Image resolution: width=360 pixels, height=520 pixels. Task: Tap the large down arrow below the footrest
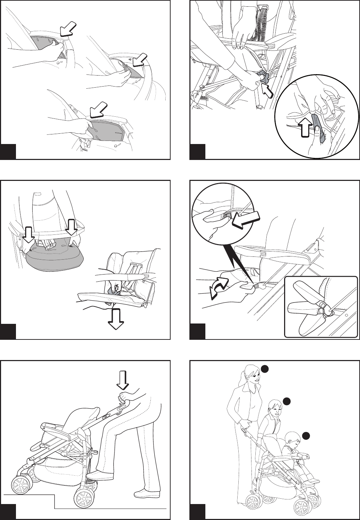point(116,319)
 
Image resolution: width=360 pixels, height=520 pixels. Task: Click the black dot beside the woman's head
point(264,369)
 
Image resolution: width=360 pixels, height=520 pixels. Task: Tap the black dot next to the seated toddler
point(307,435)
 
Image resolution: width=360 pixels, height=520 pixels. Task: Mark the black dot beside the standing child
point(287,401)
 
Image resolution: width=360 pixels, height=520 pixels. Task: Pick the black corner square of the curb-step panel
point(8,511)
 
